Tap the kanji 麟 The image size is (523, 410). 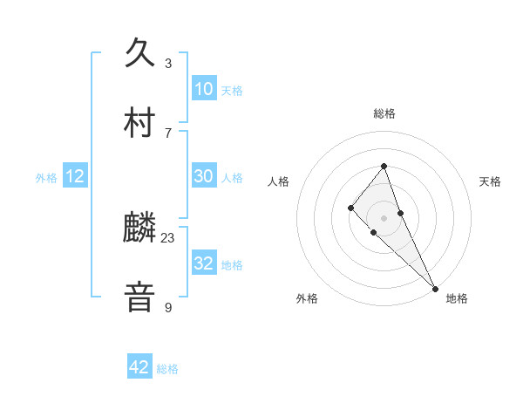click(140, 229)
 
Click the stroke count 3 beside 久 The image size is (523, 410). click(168, 64)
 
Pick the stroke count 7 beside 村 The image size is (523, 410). click(168, 133)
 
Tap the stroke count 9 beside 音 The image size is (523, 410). click(168, 307)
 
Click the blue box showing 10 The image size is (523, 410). click(203, 89)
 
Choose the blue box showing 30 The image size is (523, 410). click(203, 176)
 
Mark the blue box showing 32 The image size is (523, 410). click(203, 263)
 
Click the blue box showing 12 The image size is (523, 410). click(75, 177)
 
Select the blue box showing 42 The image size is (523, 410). click(139, 367)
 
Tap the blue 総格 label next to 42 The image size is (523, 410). click(167, 369)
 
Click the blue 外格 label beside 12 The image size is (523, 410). click(46, 178)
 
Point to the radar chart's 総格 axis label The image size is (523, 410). click(384, 113)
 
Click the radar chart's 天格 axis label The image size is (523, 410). click(490, 181)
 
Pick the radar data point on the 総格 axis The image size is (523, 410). click(384, 166)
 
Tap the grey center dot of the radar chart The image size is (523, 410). click(384, 217)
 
